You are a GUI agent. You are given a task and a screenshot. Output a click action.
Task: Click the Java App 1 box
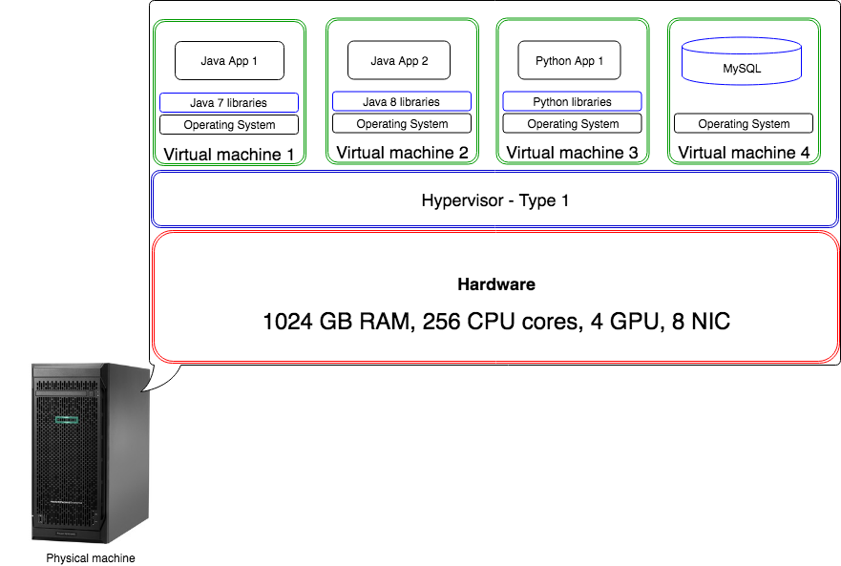[x=229, y=61]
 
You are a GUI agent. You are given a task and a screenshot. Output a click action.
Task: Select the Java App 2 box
[x=399, y=60]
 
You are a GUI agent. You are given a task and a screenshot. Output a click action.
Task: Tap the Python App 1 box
[x=569, y=60]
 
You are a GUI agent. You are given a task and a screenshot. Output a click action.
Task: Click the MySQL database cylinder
[x=742, y=61]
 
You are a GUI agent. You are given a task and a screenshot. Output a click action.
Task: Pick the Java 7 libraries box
[x=229, y=102]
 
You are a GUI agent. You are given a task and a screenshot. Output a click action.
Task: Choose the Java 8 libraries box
[x=402, y=101]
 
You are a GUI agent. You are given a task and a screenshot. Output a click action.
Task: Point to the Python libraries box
[x=573, y=101]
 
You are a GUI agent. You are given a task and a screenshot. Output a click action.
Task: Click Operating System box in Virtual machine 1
[x=229, y=124]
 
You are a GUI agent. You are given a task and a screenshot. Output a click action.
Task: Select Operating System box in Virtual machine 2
[x=402, y=123]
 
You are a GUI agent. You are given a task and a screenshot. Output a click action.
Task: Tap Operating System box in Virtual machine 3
[x=573, y=123]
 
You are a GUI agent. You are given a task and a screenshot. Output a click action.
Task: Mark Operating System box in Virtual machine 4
[x=744, y=123]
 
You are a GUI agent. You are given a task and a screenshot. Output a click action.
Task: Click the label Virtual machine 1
[x=229, y=155]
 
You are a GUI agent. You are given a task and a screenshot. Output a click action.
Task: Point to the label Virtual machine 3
[x=573, y=153]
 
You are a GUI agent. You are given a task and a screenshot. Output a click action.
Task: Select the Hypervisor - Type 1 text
[x=495, y=200]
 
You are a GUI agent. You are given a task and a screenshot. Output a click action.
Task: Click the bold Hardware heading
[x=496, y=284]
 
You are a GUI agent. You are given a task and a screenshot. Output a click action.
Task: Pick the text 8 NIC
[x=701, y=322]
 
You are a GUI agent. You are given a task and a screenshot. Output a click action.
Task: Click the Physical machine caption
[x=91, y=558]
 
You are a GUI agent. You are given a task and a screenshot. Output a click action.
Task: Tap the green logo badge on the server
[x=67, y=420]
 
